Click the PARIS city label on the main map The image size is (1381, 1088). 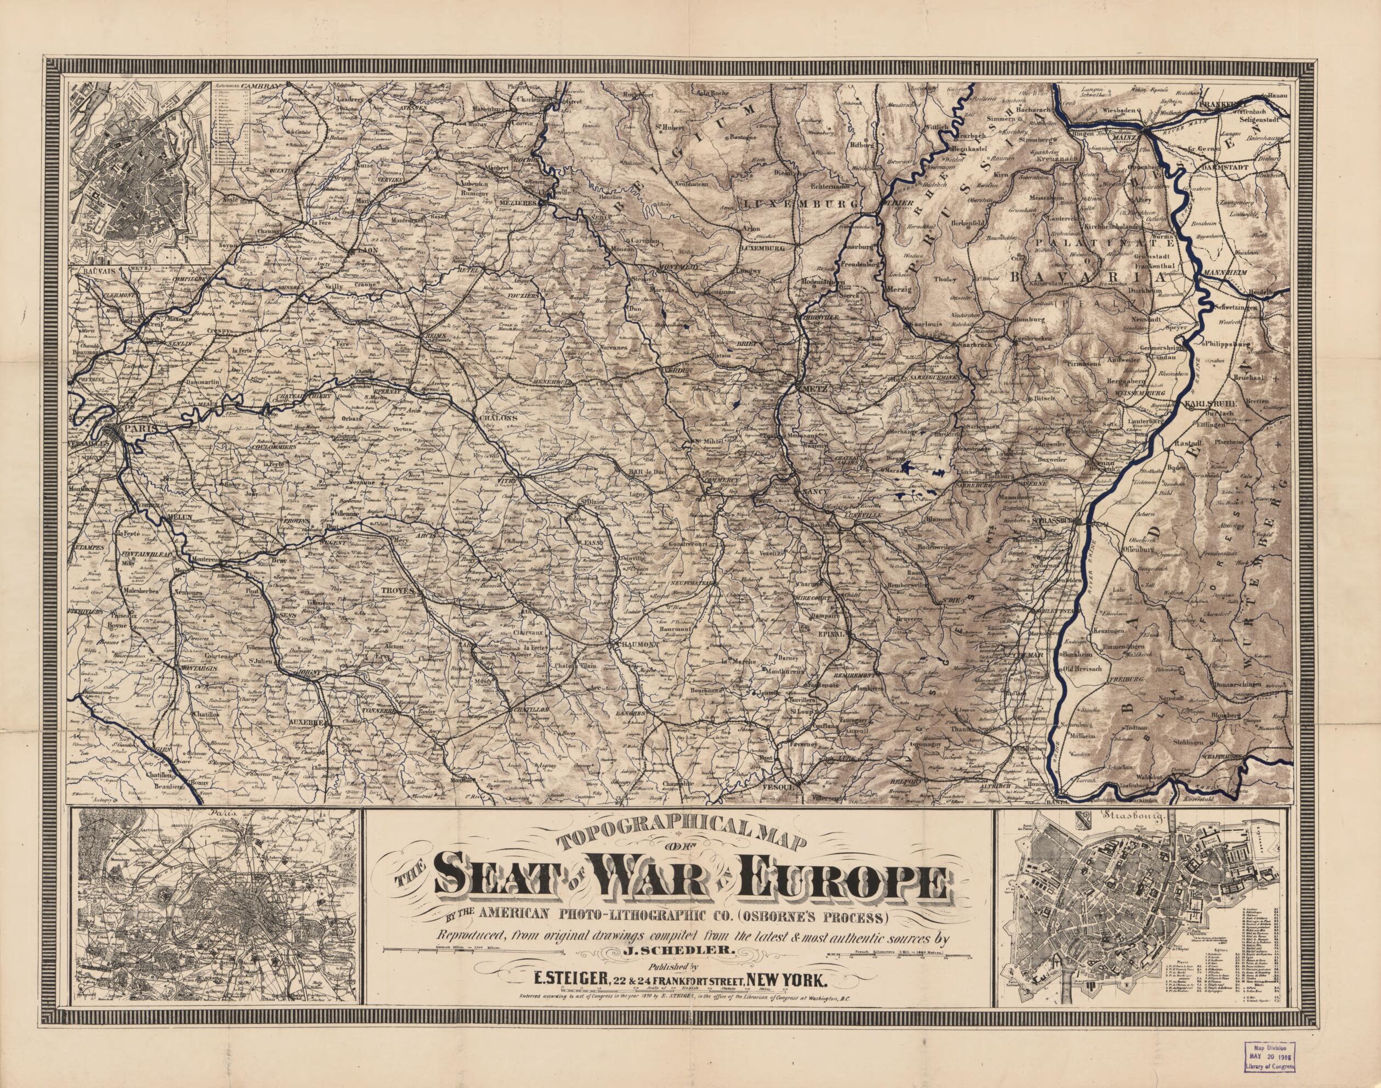(x=143, y=428)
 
